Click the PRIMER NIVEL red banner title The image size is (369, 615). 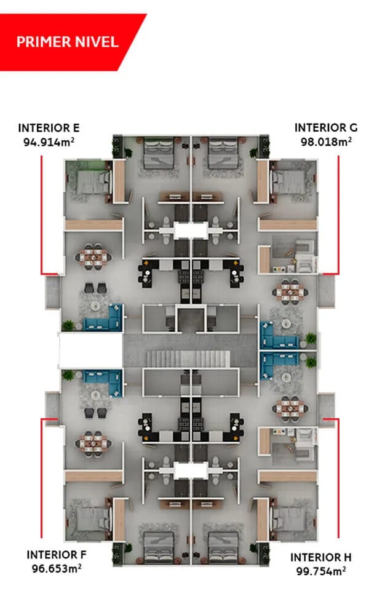(67, 42)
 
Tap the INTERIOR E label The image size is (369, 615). (49, 128)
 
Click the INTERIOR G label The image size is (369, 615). (326, 128)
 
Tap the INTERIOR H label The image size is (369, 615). (320, 557)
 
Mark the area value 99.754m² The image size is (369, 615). (320, 571)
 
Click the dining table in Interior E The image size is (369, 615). (96, 258)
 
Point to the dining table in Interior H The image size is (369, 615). (290, 407)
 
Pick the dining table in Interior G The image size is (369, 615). (290, 290)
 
